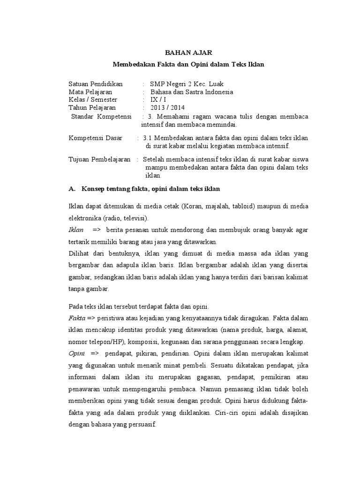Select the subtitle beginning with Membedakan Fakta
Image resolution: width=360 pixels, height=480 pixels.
click(x=189, y=64)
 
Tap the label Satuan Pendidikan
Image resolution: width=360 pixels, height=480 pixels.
click(x=96, y=84)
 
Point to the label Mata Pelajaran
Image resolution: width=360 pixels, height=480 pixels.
click(x=90, y=92)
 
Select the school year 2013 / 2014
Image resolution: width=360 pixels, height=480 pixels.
click(x=167, y=108)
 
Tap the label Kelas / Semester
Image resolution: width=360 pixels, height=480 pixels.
click(x=93, y=100)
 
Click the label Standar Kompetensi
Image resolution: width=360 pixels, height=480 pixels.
click(x=102, y=116)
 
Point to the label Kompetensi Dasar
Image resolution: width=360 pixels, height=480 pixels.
click(x=96, y=138)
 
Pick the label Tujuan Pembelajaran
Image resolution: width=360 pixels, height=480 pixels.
click(x=99, y=160)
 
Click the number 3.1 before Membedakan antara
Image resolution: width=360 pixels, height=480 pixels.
click(x=147, y=138)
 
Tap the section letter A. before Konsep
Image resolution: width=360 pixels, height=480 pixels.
click(x=72, y=189)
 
